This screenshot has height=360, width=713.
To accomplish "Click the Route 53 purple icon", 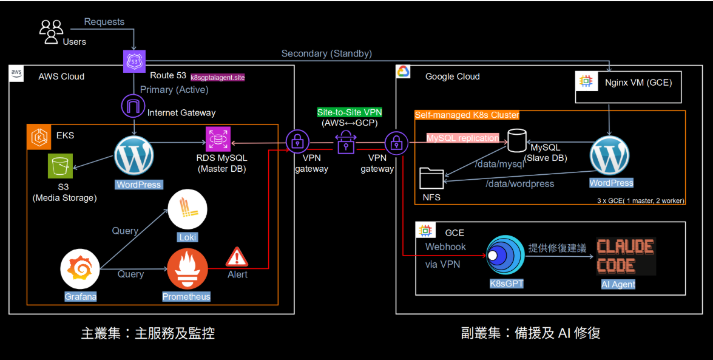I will tap(134, 61).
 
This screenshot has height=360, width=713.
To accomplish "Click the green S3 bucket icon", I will tap(61, 166).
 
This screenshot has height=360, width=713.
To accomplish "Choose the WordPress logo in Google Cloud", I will tap(611, 157).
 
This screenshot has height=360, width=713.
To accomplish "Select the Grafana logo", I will tap(81, 271).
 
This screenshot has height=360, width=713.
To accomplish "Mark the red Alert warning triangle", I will tap(237, 257).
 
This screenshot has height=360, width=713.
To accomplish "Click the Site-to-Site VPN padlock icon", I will tap(345, 144).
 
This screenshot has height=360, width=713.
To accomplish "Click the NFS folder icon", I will tap(432, 178).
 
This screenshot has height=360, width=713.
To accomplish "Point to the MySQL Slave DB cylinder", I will tap(517, 140).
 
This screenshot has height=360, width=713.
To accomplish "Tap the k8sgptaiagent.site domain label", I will tap(218, 78).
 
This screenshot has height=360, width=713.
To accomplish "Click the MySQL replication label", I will tap(462, 138).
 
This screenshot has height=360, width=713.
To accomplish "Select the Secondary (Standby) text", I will tap(326, 53).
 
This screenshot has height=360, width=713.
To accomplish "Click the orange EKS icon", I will tap(39, 137).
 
